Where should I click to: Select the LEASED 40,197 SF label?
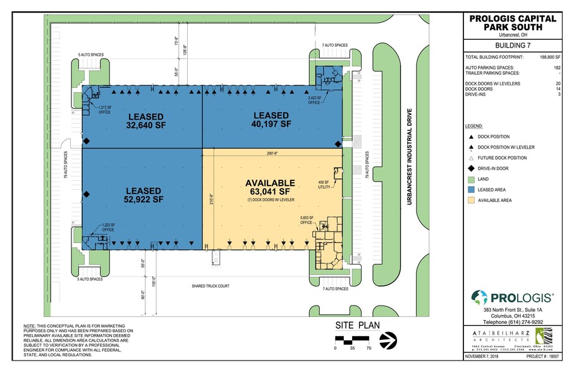(271, 120)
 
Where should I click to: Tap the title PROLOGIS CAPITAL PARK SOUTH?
(513, 23)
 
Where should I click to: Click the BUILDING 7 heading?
(513, 46)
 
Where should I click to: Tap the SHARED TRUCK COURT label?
(211, 286)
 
